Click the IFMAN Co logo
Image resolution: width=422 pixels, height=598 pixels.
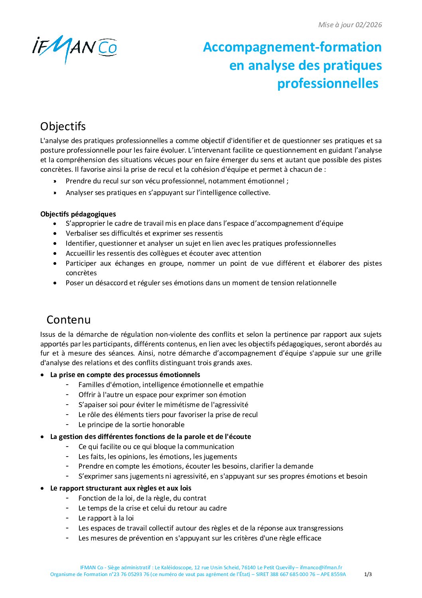75,48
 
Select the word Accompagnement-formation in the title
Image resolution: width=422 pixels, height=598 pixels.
292,47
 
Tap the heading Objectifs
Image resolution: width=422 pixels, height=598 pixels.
63,126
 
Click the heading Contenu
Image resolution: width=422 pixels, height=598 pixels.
69,320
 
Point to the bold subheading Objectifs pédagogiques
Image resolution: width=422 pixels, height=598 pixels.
78,214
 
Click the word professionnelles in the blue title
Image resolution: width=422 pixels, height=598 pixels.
327,83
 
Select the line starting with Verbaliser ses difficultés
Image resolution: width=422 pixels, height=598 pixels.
144,233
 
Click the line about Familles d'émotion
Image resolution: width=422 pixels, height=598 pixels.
171,385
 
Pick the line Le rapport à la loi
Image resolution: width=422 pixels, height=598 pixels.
106,518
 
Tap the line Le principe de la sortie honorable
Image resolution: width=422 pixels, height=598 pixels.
131,425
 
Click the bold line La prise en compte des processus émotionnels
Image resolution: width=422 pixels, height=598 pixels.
125,375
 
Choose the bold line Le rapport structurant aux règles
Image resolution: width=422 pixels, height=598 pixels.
120,488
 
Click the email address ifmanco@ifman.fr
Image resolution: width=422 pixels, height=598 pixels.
321,567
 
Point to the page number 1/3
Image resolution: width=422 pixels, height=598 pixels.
368,574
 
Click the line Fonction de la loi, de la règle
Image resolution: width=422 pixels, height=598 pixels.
142,498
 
